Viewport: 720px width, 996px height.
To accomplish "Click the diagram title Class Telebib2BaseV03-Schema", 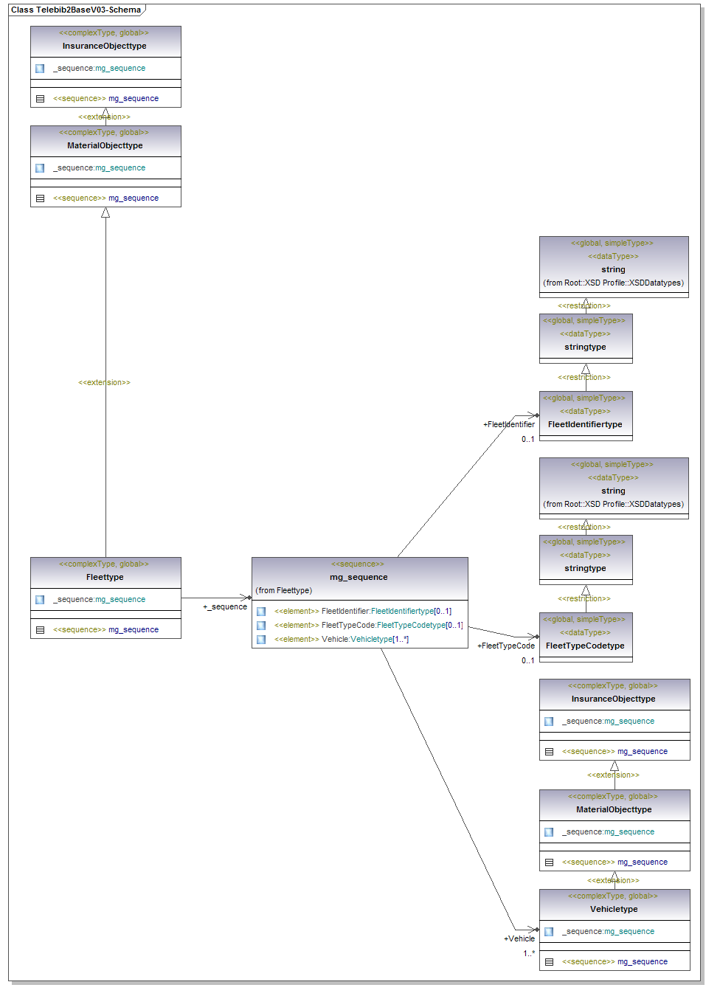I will [x=76, y=10].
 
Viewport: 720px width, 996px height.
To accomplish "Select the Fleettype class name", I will [x=105, y=577].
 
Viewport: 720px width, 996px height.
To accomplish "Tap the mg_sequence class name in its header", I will [x=359, y=577].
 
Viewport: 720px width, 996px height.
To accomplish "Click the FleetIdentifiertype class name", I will [x=585, y=424].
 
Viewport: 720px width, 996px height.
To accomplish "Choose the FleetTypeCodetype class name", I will [x=585, y=646].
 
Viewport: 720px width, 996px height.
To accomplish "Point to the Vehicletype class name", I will [x=614, y=909].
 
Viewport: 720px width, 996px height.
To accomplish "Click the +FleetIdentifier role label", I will [x=509, y=424].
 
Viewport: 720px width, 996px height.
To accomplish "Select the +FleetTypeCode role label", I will [x=506, y=646].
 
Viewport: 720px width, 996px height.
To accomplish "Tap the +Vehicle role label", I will [x=519, y=938].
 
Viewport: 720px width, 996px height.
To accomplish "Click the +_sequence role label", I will [x=225, y=606].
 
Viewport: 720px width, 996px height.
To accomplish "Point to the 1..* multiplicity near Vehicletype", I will [x=529, y=953].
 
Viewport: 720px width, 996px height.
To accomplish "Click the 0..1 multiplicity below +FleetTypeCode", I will [x=527, y=660].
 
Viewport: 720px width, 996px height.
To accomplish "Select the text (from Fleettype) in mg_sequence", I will [x=284, y=590].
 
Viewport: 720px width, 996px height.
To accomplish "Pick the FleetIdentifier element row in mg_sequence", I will [x=362, y=611].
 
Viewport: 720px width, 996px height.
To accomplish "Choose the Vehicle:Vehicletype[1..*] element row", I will [x=341, y=639].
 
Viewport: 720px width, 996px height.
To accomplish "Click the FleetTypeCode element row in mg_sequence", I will [x=368, y=625].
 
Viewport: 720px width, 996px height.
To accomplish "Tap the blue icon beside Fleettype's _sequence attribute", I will [x=40, y=600].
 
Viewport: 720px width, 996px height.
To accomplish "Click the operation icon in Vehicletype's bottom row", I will [x=549, y=962].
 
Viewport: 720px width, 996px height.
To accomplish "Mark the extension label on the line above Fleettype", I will [x=104, y=382].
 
